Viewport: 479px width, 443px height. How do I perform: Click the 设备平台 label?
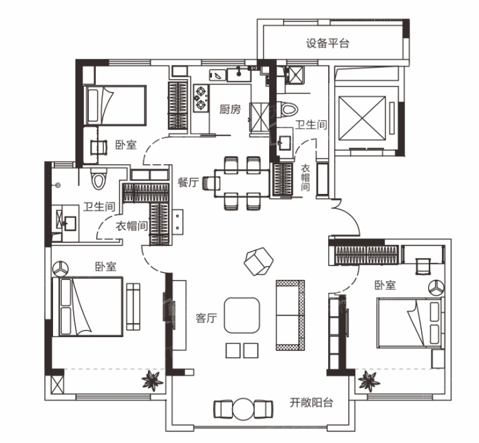tap(328, 43)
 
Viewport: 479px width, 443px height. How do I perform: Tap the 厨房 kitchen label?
tap(230, 109)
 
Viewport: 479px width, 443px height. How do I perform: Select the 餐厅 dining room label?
tap(188, 182)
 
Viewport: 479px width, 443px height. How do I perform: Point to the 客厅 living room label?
tap(206, 318)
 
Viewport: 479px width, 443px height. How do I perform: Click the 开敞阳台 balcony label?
tap(311, 402)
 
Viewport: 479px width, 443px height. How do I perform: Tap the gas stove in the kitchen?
tap(201, 98)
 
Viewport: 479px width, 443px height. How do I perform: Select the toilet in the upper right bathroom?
tap(288, 109)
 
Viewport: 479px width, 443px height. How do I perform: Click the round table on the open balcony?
tap(243, 409)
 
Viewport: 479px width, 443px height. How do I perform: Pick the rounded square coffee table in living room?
tap(242, 315)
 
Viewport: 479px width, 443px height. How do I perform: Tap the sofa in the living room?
tap(290, 315)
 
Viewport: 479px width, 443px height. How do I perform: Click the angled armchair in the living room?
tap(259, 261)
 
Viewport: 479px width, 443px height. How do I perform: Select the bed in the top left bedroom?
tap(116, 105)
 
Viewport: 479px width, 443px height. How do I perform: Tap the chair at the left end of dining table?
tap(211, 183)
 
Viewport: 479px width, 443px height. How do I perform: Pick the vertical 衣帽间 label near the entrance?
tap(305, 177)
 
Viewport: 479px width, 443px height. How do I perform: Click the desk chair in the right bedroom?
tap(423, 266)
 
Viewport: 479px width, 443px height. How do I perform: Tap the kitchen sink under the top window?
tap(239, 74)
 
